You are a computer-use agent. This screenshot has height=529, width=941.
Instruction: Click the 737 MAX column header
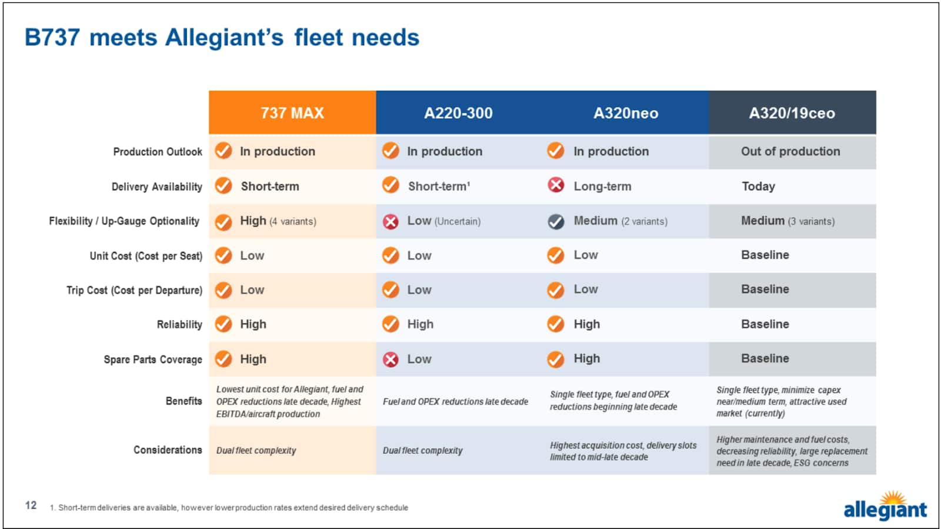pos(292,113)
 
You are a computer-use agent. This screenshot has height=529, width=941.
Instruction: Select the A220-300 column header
pos(458,113)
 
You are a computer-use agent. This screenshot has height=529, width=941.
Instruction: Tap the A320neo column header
pos(625,113)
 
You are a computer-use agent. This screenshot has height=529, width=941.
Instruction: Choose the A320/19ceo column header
pos(792,113)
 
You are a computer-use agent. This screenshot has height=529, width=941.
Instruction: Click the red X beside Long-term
pos(556,185)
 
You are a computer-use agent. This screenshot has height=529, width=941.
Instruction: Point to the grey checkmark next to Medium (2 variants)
pos(556,221)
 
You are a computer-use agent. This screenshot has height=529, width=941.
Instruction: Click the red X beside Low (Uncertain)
pos(391,221)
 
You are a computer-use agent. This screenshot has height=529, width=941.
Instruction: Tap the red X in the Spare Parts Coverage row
pos(391,360)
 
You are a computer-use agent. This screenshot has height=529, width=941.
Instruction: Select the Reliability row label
pos(179,324)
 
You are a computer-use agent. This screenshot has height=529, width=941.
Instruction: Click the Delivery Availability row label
pos(157,187)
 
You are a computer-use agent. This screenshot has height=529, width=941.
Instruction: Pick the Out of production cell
pos(790,151)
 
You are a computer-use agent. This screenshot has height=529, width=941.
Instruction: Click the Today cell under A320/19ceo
pos(758,187)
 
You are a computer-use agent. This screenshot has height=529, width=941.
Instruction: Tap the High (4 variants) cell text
pos(278,221)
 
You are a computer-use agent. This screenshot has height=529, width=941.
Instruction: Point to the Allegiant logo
pos(885,506)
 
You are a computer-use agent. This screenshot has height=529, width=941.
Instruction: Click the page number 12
pos(31,505)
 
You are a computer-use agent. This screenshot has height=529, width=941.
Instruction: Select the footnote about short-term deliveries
pos(229,507)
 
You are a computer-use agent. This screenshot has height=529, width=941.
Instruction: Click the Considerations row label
pos(168,450)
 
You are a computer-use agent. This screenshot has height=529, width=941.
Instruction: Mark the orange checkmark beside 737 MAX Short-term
pos(223,186)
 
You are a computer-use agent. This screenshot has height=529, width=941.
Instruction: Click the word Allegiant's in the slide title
pos(224,38)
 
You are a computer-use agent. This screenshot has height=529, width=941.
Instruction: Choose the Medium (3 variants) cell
pos(787,221)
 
